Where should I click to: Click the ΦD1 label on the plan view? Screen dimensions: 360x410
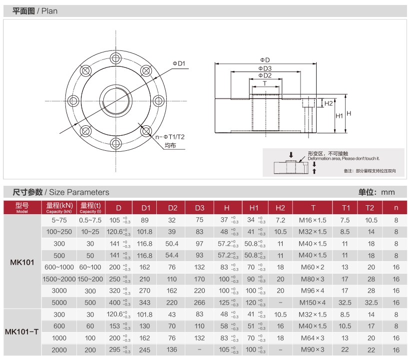click(x=179, y=63)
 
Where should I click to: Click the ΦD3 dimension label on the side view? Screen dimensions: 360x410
click(x=265, y=68)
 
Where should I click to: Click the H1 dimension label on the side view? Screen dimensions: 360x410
click(x=339, y=115)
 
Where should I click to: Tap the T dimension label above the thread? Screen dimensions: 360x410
click(x=265, y=83)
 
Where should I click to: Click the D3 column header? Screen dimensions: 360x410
click(x=200, y=208)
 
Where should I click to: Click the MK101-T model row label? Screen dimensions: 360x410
click(x=21, y=332)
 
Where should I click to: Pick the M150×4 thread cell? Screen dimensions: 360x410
click(x=313, y=303)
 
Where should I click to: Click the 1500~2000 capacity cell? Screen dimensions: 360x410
click(x=59, y=279)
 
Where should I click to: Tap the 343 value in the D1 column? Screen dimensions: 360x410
click(x=144, y=303)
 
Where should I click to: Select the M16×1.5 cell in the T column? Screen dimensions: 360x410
click(x=313, y=220)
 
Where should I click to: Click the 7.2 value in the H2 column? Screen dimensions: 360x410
click(x=280, y=220)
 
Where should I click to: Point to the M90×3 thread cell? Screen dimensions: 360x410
click(x=313, y=350)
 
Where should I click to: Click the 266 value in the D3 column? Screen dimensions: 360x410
click(x=200, y=303)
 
